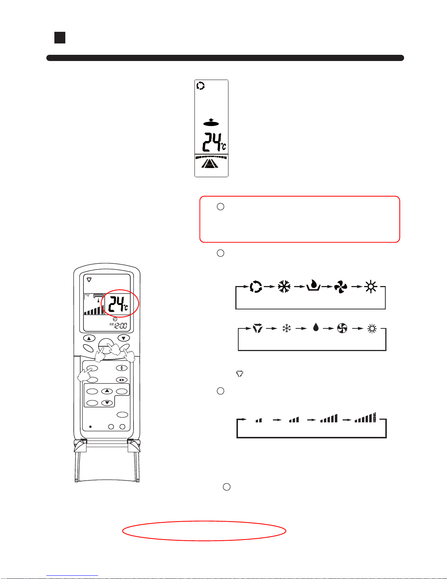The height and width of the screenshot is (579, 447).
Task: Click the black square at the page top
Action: (x=60, y=38)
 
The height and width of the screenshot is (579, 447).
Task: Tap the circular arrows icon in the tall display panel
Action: (x=200, y=86)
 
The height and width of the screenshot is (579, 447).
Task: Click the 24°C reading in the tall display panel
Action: (x=214, y=142)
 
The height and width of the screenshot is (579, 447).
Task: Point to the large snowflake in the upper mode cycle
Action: (x=284, y=287)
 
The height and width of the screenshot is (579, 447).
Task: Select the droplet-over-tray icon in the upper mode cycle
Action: (x=313, y=285)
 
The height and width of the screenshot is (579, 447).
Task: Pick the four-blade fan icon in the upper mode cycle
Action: (x=341, y=287)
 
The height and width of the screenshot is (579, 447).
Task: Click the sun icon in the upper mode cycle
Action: (x=371, y=287)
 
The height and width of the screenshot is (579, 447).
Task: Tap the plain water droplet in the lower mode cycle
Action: (x=316, y=327)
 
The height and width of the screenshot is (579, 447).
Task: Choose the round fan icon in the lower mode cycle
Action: (x=342, y=328)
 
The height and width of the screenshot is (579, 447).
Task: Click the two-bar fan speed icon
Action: (x=259, y=420)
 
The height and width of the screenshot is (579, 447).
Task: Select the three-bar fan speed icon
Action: (x=294, y=420)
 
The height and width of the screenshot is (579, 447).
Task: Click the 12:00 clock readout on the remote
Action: (x=120, y=325)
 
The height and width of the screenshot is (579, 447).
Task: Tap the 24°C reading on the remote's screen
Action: (x=118, y=304)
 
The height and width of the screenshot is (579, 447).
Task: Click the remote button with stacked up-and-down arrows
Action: (x=122, y=368)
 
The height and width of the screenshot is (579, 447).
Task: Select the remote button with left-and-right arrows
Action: (x=122, y=380)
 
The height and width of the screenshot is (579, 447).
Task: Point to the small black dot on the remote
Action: (x=90, y=427)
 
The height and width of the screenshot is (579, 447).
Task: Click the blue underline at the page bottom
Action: (x=72, y=576)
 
